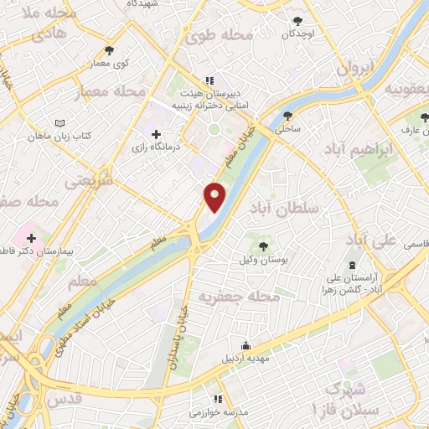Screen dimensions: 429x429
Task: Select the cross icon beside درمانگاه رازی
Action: [156, 134]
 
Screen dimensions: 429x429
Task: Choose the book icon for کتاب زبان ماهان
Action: [59, 123]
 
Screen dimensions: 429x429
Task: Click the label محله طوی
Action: [219, 35]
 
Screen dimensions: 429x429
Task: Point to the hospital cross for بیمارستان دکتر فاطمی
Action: [32, 239]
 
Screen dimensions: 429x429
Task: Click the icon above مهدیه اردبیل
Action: [246, 344]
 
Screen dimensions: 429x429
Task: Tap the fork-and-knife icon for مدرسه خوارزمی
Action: [218, 399]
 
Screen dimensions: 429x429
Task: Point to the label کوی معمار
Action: [110, 64]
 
